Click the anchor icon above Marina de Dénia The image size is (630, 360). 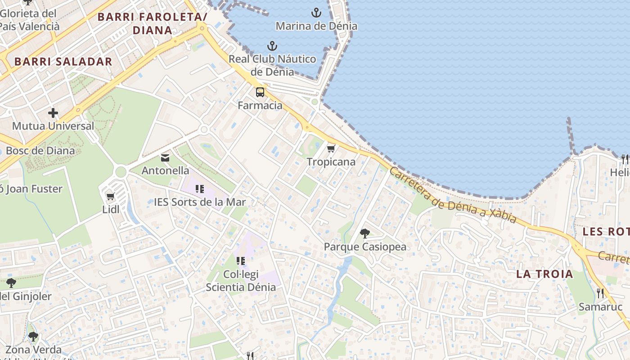(317, 13)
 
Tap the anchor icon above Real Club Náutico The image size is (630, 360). (272, 46)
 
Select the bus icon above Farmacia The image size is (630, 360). (260, 92)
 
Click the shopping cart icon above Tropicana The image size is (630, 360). (331, 148)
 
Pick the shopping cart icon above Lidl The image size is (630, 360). (110, 196)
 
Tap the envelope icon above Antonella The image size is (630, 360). (165, 158)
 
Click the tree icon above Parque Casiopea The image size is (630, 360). (365, 234)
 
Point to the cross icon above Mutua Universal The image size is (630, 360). (53, 113)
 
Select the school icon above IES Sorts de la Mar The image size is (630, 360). (200, 189)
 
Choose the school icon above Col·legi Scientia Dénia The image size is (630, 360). (241, 261)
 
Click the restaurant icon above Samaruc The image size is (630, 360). (600, 293)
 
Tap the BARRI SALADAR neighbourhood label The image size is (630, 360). (63, 62)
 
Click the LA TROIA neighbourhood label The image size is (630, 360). (544, 274)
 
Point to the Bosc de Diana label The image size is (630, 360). (40, 151)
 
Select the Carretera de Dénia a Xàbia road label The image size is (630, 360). (452, 196)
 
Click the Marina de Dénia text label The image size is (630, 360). (316, 26)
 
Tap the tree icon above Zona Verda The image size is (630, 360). (33, 337)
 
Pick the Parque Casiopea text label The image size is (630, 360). (365, 247)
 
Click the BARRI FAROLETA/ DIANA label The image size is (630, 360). (152, 23)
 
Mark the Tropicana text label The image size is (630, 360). (331, 162)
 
